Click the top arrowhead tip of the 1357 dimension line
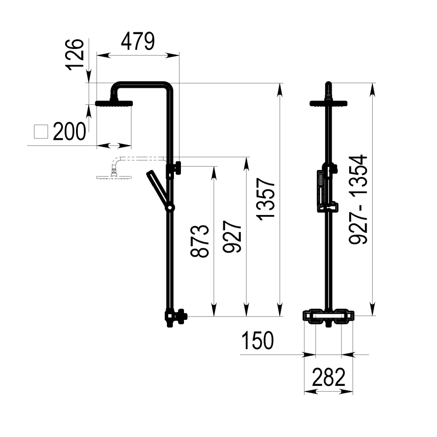pos(280,83)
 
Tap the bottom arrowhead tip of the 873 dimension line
pos(214,316)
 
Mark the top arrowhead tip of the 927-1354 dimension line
pos(372,83)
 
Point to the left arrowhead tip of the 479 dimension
pos(97,55)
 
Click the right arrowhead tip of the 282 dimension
pos(353,392)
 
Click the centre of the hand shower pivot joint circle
pos(170,208)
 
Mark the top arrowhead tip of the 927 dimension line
pos(246,157)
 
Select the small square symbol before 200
pos(41,132)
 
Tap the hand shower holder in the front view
pos(328,207)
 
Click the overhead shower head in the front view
pos(329,104)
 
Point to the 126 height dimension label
pos(75,55)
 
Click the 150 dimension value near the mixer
pos(257,340)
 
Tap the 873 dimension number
pos(200,241)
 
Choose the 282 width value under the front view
pos(329,377)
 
